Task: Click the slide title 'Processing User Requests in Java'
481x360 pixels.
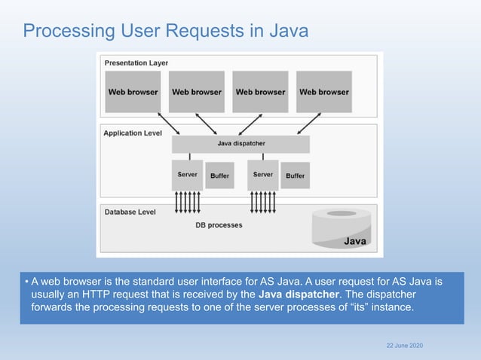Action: (165, 31)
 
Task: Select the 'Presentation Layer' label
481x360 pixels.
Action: (136, 63)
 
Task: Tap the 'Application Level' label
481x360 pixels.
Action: (133, 133)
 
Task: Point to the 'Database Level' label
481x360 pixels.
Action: (130, 212)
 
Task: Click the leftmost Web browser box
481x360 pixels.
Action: (133, 92)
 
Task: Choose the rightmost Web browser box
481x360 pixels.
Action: (324, 92)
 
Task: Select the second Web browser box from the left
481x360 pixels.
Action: (197, 92)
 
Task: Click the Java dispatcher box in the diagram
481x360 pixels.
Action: (240, 143)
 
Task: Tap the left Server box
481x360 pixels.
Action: (187, 174)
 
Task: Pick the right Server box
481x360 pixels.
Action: (262, 174)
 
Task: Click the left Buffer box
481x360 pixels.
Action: (219, 175)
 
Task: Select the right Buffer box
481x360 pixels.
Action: (295, 175)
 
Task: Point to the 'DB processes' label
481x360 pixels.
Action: (219, 224)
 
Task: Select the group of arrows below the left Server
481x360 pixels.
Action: (187, 201)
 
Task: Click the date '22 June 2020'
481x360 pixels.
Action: (404, 345)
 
